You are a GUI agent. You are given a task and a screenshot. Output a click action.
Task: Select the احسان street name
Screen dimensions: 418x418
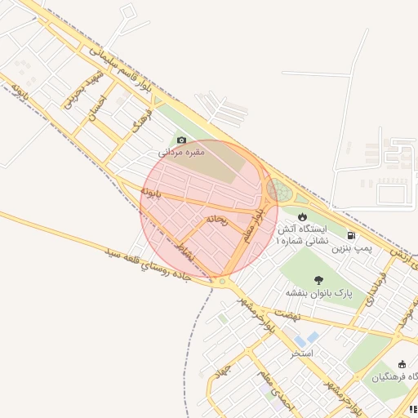click(97, 107)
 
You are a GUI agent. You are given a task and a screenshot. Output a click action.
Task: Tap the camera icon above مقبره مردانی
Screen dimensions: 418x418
click(181, 140)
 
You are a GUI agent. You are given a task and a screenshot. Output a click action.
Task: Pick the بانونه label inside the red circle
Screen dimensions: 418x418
click(152, 193)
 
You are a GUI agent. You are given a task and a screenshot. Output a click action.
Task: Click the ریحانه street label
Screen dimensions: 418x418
click(216, 218)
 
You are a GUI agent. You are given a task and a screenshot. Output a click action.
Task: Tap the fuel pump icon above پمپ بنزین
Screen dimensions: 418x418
click(351, 235)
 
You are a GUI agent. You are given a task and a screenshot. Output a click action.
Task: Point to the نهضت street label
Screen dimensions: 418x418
click(288, 314)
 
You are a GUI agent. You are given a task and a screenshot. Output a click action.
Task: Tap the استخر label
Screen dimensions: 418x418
click(304, 354)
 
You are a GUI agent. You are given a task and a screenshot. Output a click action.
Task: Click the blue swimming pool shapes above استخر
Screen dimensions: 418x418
click(307, 338)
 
